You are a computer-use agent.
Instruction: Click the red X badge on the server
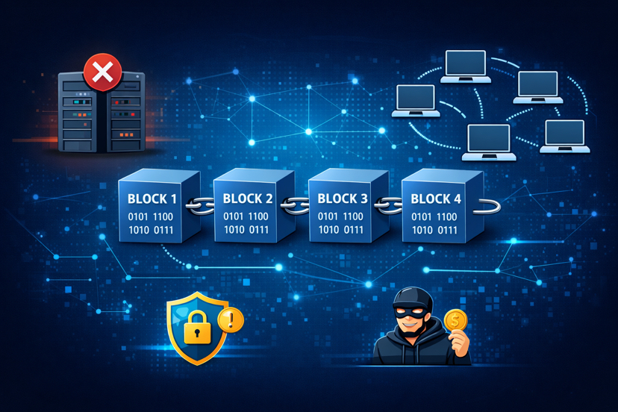coord(102,72)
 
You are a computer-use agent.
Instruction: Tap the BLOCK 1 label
coord(152,199)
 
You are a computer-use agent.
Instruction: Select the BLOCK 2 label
coord(248,199)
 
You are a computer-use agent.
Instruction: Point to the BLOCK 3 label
coord(342,199)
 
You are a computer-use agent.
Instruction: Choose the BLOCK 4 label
coord(436,199)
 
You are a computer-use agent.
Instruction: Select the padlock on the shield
coord(197,329)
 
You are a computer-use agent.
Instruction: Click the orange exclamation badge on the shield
coord(231,321)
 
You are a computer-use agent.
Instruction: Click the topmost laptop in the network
coord(466,66)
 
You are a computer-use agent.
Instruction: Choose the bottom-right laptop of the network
coord(565,136)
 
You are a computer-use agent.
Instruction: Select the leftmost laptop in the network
coord(415,101)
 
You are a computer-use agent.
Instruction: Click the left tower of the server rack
coord(79,113)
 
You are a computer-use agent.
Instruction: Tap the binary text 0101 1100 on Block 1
coord(152,216)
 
